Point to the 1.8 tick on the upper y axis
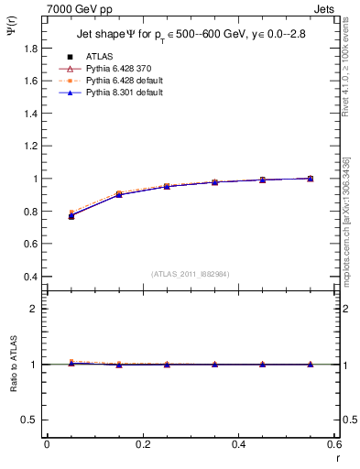[x=28, y=49]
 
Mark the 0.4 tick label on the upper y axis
[x=28, y=277]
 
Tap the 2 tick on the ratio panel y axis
[x=34, y=309]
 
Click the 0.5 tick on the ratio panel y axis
[x=28, y=420]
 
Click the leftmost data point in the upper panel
[x=71, y=216]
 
